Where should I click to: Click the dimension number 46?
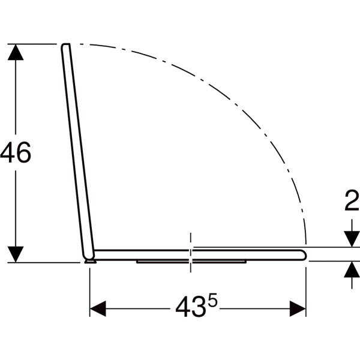click(x=16, y=152)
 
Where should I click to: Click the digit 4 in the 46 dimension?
click(x=7, y=152)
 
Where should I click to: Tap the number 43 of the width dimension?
click(x=190, y=307)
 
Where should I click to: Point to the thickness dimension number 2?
click(x=352, y=200)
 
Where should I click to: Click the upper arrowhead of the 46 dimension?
click(x=16, y=52)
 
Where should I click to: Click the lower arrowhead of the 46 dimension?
click(x=16, y=254)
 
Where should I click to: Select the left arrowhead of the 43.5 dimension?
click(x=98, y=308)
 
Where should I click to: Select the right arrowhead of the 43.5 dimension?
click(x=298, y=308)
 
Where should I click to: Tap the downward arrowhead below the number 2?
click(x=352, y=239)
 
